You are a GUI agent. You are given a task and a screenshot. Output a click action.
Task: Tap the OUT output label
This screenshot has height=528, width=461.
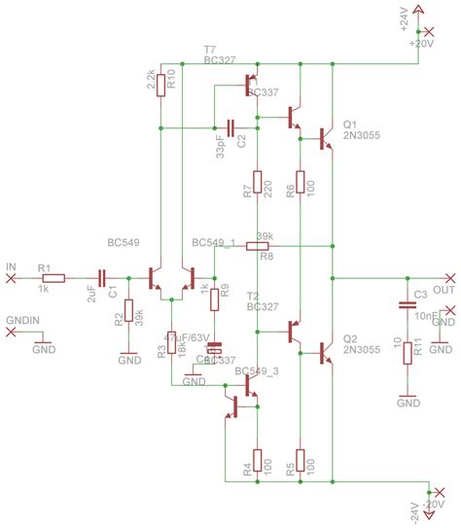(x=443, y=290)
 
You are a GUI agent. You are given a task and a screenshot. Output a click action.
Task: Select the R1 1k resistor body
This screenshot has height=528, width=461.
(x=53, y=278)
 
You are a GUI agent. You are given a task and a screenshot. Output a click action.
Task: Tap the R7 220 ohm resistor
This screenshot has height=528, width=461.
(x=257, y=182)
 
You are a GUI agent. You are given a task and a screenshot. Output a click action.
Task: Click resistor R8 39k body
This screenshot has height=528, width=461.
(x=257, y=247)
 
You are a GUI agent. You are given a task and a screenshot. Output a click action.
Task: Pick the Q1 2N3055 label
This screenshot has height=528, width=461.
(x=361, y=131)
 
